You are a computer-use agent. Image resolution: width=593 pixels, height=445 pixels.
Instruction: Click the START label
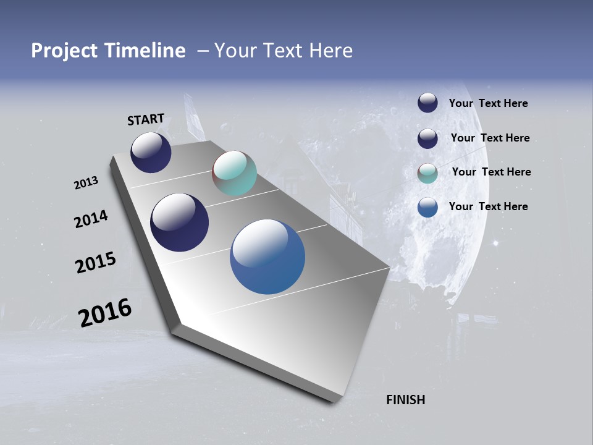[x=146, y=119]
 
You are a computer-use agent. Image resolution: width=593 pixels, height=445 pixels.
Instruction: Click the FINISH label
[x=405, y=400]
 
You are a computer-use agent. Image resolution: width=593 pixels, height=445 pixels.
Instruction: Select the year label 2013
[x=86, y=183]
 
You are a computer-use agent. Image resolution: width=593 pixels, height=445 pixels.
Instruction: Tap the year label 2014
[x=91, y=219]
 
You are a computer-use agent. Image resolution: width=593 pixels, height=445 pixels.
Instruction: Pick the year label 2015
[x=96, y=263]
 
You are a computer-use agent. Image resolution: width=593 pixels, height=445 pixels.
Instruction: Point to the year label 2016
[x=105, y=313]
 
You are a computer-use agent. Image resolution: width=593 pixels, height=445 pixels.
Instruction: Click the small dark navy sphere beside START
[x=151, y=152]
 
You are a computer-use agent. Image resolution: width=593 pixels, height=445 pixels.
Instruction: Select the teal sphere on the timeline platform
[x=234, y=173]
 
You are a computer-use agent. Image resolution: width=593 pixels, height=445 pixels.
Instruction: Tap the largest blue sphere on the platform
[x=267, y=256]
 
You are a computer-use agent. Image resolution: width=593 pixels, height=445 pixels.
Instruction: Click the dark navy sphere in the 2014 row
[x=179, y=222]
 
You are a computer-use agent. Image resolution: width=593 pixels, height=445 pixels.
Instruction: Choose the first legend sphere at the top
[x=427, y=103]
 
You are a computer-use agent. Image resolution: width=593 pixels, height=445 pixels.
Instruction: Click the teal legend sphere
[x=427, y=173]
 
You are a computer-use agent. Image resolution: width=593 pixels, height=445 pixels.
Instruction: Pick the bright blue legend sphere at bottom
[x=427, y=207]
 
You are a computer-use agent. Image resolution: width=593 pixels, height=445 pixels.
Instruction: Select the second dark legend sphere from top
[x=427, y=138]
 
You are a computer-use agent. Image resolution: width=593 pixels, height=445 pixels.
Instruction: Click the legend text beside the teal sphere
[x=491, y=172]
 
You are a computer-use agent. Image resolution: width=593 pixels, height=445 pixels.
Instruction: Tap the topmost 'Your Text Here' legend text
[x=488, y=103]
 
